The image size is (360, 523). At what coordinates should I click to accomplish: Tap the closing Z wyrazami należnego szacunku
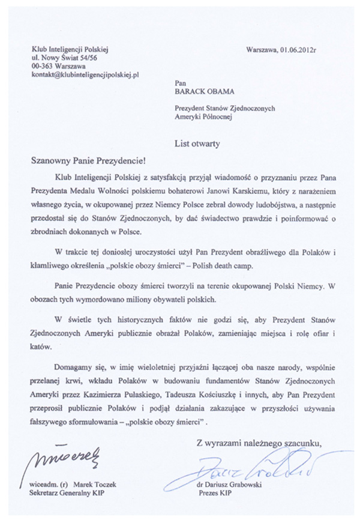pos(259,443)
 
